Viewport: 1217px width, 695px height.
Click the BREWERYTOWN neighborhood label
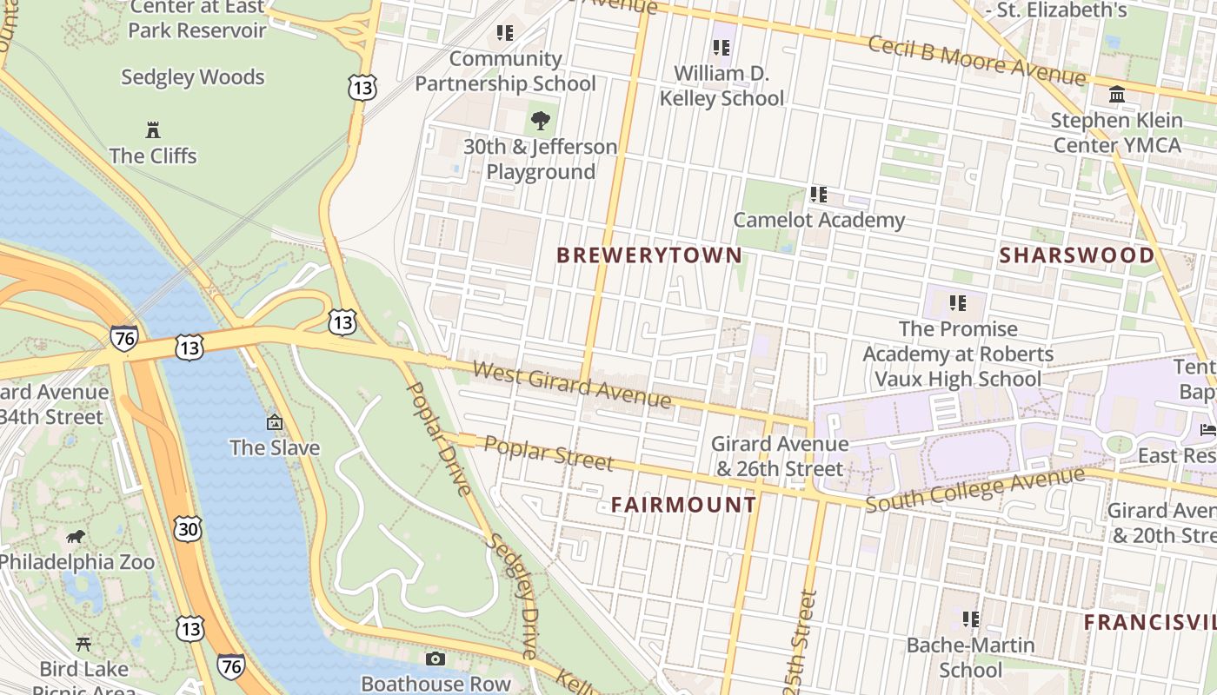(649, 255)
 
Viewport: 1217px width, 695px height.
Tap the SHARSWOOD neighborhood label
(1076, 255)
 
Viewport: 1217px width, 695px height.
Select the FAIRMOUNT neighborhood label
(683, 505)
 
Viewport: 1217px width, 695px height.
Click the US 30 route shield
(187, 528)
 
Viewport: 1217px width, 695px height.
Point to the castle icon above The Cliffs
(153, 131)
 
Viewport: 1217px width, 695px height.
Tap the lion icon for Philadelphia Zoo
(76, 537)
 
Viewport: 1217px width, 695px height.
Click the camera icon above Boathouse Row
(436, 659)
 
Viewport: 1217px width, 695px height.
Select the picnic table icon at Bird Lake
(83, 644)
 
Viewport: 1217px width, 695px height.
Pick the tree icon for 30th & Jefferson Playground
(540, 121)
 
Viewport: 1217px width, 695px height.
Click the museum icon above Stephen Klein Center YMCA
(1117, 94)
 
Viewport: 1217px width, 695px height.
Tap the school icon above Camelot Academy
(818, 195)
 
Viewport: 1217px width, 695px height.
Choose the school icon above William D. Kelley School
(721, 48)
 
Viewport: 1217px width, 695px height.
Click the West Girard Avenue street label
(572, 385)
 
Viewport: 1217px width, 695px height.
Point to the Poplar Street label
(549, 453)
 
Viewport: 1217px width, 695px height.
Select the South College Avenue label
(975, 489)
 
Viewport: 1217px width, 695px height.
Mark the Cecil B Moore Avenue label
(977, 57)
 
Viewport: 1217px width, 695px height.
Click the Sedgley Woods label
(192, 77)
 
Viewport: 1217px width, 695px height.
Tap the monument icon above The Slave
(275, 423)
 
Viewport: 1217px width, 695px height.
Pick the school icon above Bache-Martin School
(970, 619)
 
